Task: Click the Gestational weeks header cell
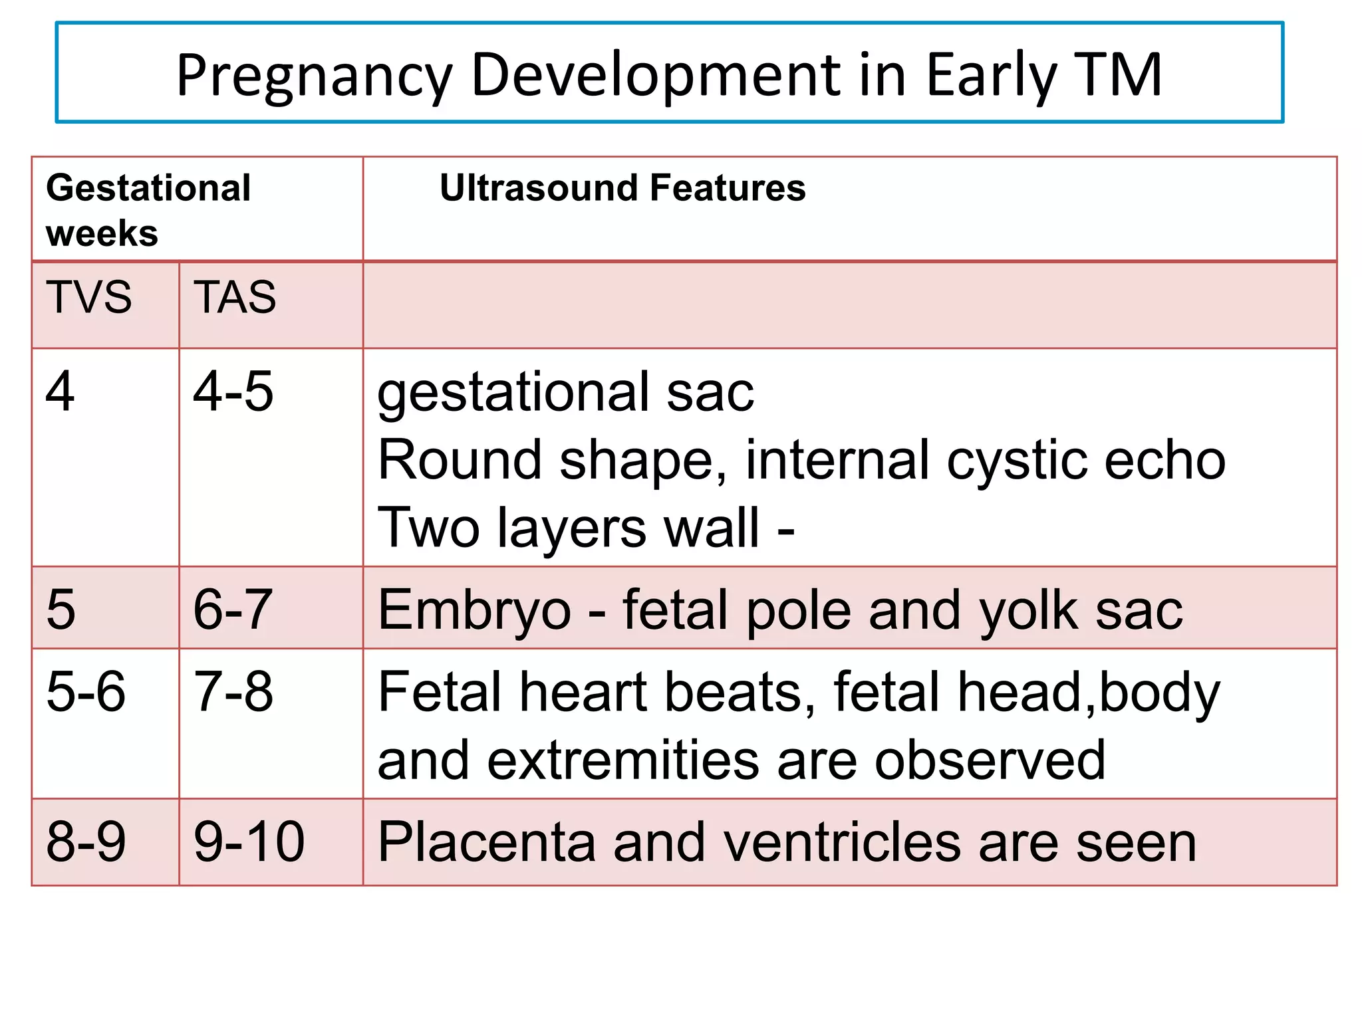[x=148, y=209]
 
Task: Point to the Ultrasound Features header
[x=622, y=187]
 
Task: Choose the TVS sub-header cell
[x=88, y=296]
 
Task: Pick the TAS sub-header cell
[x=235, y=296]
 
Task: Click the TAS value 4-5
[x=233, y=392]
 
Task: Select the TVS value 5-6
[x=86, y=691]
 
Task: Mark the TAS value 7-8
[x=233, y=691]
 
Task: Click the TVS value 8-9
[x=86, y=842]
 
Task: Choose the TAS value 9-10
[x=249, y=842]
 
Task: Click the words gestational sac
[x=565, y=393]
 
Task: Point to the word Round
[x=460, y=460]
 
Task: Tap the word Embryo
[x=474, y=610]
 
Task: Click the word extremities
[x=623, y=760]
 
